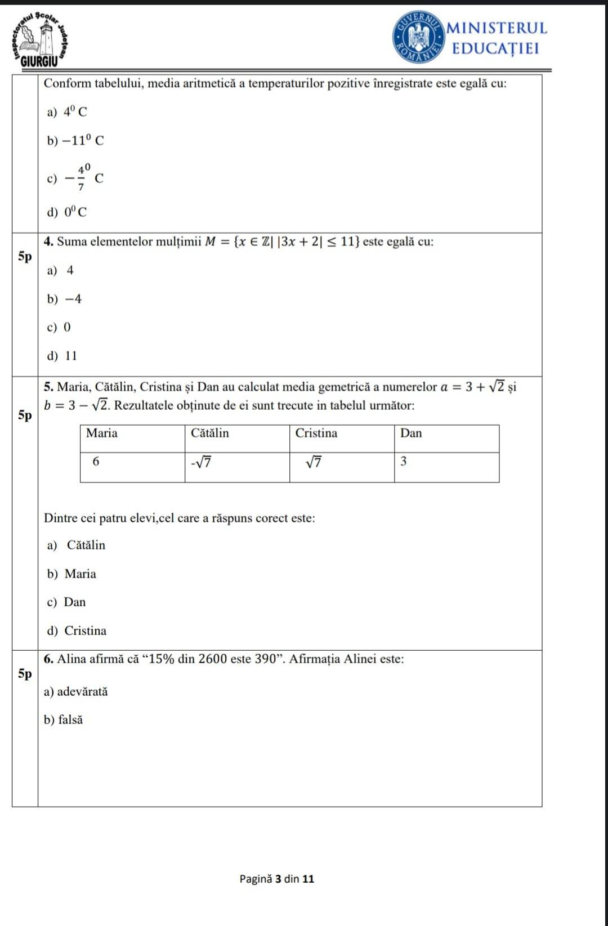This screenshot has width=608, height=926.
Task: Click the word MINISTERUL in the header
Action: (497, 28)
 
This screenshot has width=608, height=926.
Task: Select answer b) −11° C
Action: (75, 140)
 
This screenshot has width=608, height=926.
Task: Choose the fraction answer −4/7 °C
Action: (75, 178)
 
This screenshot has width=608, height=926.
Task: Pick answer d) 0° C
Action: (67, 212)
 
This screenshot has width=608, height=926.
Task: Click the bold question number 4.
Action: (48, 242)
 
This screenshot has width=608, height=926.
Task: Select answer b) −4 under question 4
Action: (65, 299)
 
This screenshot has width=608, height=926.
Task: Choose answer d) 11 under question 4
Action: (62, 356)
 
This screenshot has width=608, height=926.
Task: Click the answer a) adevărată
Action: (75, 691)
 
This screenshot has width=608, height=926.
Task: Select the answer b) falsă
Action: (63, 719)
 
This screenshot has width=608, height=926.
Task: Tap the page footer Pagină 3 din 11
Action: (276, 879)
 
